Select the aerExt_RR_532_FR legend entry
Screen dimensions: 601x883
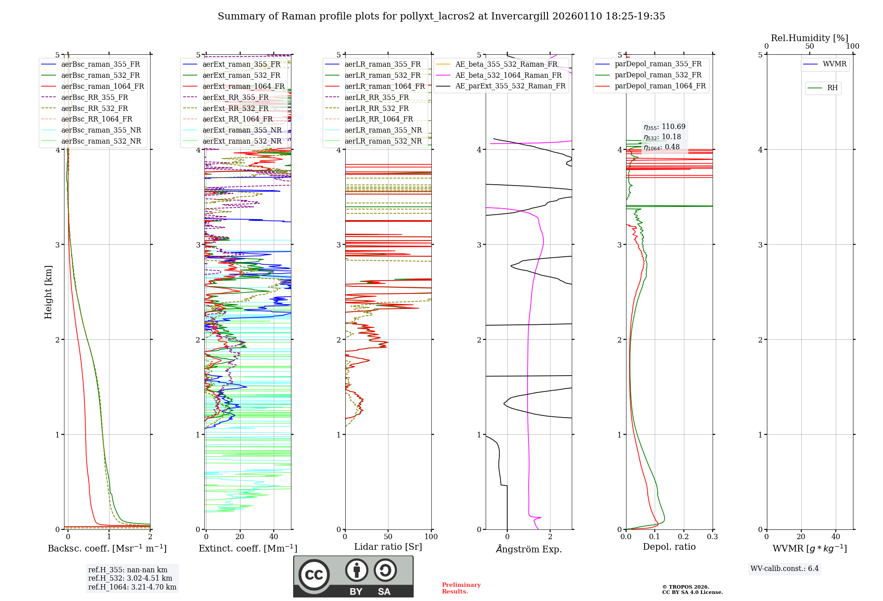click(x=235, y=108)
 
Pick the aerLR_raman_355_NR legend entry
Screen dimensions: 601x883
click(x=383, y=130)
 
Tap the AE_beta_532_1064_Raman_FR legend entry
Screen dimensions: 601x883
click(x=508, y=75)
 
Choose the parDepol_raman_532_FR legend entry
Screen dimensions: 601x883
click(x=658, y=75)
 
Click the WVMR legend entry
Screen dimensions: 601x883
click(x=834, y=64)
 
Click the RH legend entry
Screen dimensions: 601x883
click(x=832, y=88)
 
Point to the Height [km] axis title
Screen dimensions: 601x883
click(x=48, y=292)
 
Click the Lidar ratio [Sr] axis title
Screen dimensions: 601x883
click(x=388, y=547)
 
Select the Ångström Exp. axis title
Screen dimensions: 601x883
click(x=529, y=549)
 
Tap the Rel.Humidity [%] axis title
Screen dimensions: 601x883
click(x=809, y=38)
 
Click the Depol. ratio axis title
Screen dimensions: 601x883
click(x=669, y=547)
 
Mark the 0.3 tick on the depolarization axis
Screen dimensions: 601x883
click(x=712, y=536)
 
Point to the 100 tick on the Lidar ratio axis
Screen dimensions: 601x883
click(x=431, y=536)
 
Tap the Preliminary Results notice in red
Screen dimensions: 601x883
click(x=461, y=588)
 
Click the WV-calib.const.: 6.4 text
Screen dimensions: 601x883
click(x=784, y=568)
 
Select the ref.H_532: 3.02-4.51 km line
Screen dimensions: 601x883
click(x=130, y=578)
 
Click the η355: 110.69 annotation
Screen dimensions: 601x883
click(x=664, y=127)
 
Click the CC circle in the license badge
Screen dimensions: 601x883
click(x=314, y=574)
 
